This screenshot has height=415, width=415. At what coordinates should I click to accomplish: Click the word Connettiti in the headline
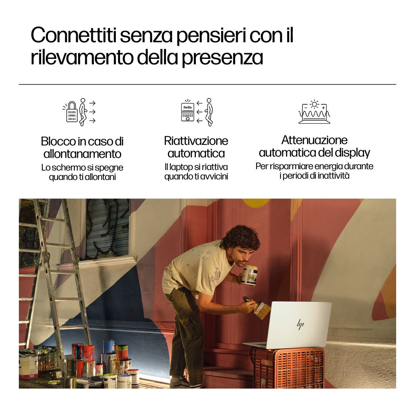click(x=74, y=35)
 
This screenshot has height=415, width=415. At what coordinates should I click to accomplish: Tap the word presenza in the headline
click(x=222, y=58)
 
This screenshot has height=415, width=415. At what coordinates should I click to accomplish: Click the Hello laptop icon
click(x=188, y=112)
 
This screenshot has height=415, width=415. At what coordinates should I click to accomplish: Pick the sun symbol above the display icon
click(x=314, y=104)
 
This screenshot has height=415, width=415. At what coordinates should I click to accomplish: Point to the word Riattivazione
click(x=196, y=141)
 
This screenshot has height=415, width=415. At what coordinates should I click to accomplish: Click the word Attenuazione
click(x=314, y=140)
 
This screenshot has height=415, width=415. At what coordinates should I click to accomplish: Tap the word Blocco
click(x=58, y=141)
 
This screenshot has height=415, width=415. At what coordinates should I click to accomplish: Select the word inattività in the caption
click(x=334, y=175)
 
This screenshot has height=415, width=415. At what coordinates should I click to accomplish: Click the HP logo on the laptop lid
click(x=300, y=324)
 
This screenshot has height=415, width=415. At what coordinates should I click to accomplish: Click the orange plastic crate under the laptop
click(x=287, y=367)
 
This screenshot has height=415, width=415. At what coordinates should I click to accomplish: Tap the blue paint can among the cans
click(x=109, y=347)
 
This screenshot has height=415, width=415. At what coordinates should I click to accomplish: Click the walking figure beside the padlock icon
click(x=83, y=112)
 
